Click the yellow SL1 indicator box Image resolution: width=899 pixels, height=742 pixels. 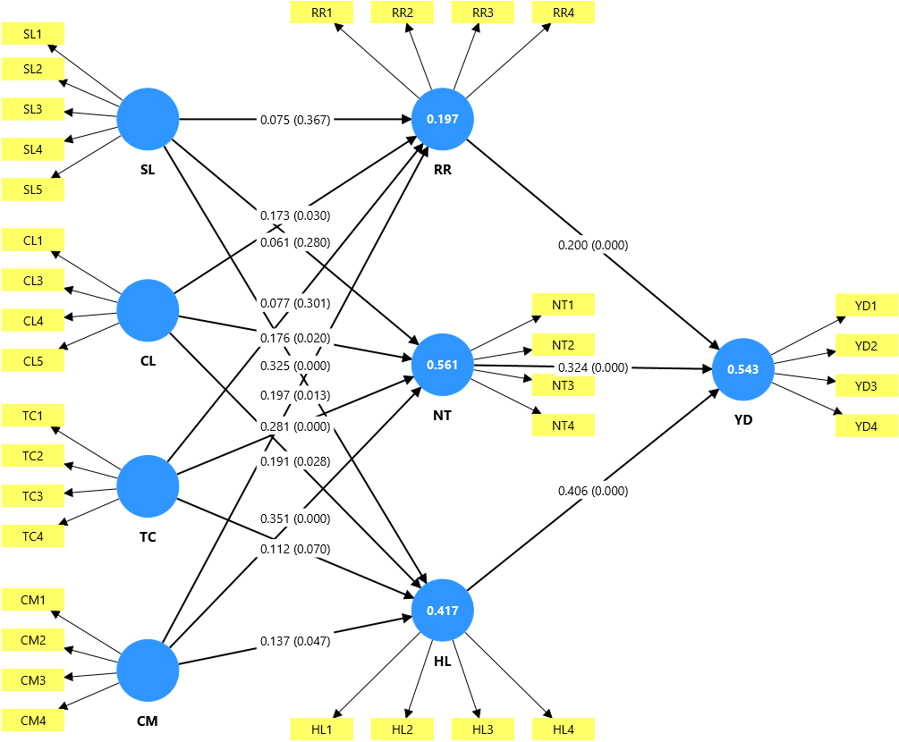(33, 34)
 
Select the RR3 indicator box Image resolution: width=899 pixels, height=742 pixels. (483, 13)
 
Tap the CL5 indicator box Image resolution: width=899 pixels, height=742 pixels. (33, 361)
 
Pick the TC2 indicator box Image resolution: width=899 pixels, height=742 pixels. (33, 456)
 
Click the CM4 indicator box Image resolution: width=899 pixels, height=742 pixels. (33, 721)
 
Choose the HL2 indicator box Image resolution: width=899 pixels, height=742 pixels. (403, 729)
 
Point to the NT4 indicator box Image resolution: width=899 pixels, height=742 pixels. (563, 426)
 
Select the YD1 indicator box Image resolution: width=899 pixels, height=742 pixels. (866, 306)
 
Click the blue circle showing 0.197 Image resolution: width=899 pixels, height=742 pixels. (443, 119)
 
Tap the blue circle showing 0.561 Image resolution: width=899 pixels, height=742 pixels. (443, 365)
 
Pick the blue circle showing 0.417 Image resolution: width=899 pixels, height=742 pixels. (443, 611)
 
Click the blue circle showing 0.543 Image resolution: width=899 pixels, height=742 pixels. (743, 369)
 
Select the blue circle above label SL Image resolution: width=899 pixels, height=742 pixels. (148, 119)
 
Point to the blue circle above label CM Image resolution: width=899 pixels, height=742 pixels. (148, 670)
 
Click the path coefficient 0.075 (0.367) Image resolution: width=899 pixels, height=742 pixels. (295, 120)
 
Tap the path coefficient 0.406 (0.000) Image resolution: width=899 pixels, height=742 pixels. (593, 491)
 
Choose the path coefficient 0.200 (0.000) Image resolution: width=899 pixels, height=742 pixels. (593, 245)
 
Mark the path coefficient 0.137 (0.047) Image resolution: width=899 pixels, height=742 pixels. (295, 641)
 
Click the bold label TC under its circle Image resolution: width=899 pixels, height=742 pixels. (148, 537)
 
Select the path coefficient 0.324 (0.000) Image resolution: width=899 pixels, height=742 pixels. (593, 367)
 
